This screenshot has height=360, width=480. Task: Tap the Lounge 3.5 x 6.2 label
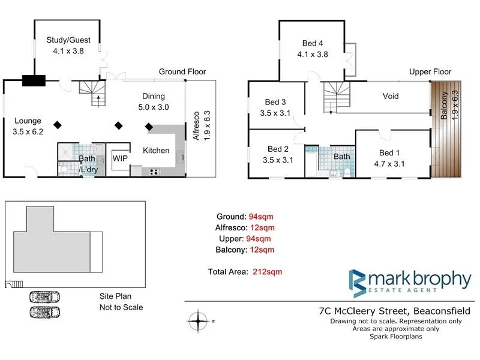pyautogui.click(x=28, y=125)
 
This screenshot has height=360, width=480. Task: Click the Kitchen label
pyautogui.click(x=155, y=151)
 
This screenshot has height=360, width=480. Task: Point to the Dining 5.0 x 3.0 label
pyautogui.click(x=153, y=101)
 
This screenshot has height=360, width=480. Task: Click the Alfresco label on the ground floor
pyautogui.click(x=196, y=125)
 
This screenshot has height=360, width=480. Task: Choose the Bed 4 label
pyautogui.click(x=313, y=48)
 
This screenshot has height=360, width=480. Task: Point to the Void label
pyautogui.click(x=390, y=96)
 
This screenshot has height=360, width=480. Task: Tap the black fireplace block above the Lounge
pyautogui.click(x=33, y=80)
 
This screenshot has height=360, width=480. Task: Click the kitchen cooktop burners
pyautogui.click(x=154, y=172)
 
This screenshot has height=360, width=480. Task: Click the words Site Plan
pyautogui.click(x=115, y=296)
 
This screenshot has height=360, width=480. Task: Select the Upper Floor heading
pyautogui.click(x=430, y=71)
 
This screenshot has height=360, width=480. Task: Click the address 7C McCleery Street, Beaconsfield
pyautogui.click(x=394, y=311)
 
